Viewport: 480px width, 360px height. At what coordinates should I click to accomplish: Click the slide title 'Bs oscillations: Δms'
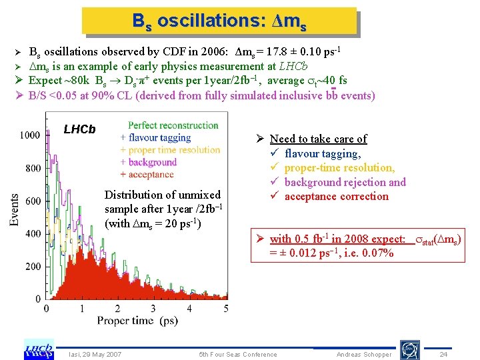219,21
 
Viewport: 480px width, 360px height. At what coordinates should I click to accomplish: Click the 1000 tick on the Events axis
29,135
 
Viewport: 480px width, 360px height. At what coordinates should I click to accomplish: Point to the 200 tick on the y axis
33,267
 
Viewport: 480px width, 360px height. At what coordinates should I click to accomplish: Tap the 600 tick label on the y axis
33,201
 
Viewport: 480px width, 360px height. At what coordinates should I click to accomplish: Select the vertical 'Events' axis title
14,210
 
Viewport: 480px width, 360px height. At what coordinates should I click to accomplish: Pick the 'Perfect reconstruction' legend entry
173,125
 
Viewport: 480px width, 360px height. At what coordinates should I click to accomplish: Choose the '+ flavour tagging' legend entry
155,138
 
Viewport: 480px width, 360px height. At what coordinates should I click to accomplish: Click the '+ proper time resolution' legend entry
170,150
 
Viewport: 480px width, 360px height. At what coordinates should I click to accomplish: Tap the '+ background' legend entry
148,162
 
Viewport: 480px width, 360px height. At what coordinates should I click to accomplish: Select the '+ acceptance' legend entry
147,174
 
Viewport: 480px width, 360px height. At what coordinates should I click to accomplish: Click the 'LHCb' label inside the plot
79,129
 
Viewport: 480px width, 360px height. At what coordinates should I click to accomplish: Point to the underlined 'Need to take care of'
318,139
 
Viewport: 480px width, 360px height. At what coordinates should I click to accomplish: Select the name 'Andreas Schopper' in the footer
364,354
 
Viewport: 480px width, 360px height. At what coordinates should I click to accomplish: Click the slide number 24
443,354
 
